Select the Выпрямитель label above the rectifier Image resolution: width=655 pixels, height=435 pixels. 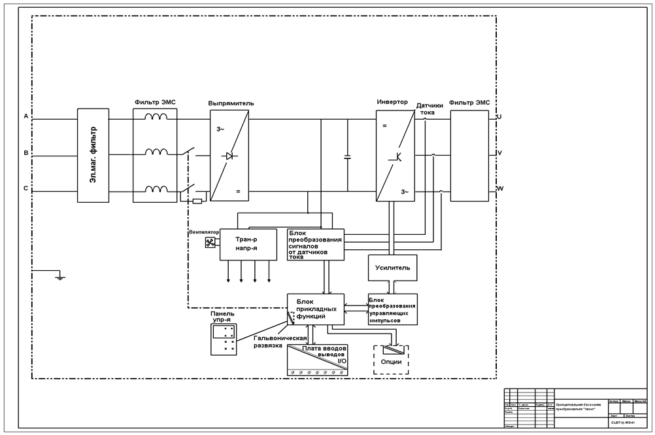click(x=231, y=103)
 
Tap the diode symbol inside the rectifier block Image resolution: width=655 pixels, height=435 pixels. click(x=229, y=156)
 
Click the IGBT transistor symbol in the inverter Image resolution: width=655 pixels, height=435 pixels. click(x=395, y=156)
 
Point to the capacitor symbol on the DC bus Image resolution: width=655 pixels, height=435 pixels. click(x=347, y=157)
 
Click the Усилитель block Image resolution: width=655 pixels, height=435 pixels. click(x=392, y=268)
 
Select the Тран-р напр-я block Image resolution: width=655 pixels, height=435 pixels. click(x=248, y=245)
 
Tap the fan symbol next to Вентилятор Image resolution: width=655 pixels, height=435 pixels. click(x=210, y=243)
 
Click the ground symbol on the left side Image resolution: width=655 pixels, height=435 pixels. click(x=59, y=277)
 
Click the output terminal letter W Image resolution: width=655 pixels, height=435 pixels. click(x=500, y=190)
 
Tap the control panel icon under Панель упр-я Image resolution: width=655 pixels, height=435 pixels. click(x=223, y=339)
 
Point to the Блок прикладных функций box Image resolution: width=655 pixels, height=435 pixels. click(x=315, y=309)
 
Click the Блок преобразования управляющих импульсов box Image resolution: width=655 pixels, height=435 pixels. click(x=392, y=309)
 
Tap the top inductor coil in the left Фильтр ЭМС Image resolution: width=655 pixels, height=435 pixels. click(x=156, y=117)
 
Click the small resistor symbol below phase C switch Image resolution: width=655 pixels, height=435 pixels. click(x=197, y=201)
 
